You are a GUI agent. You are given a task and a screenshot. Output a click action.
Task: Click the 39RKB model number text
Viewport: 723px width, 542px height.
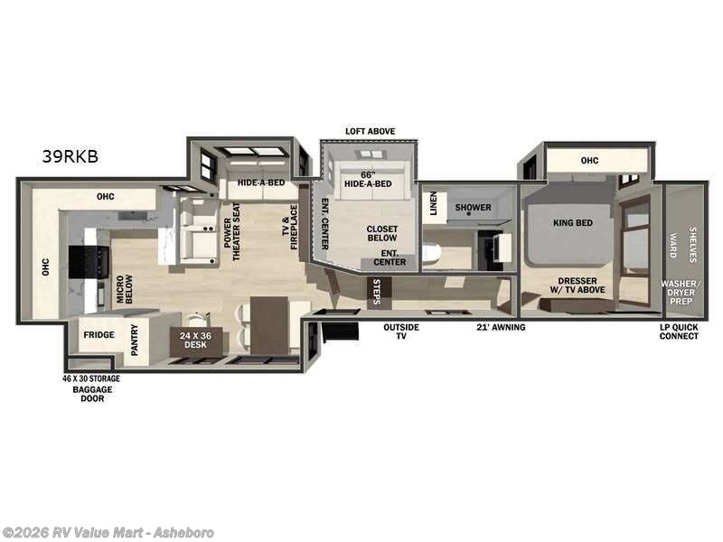coord(70,156)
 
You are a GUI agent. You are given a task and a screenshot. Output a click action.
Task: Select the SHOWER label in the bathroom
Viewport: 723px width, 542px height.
coord(473,208)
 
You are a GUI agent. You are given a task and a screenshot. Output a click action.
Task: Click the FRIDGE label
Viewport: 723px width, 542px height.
coord(99,335)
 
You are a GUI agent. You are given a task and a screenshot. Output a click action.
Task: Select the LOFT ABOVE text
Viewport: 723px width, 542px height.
coord(370,131)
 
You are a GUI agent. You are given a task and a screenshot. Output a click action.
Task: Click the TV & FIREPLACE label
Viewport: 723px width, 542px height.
coord(288,231)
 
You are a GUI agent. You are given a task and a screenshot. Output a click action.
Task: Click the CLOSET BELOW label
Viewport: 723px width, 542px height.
coord(381,235)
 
